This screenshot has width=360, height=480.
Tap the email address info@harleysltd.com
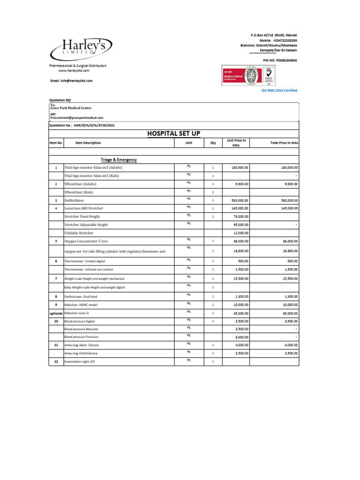[x=71, y=81]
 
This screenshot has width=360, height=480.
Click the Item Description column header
[x=82, y=143]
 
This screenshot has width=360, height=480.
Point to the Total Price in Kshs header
[x=284, y=142]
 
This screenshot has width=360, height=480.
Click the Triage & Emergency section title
[x=119, y=160]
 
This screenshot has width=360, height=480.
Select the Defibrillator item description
[x=75, y=200]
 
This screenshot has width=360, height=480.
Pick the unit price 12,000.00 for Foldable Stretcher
[x=240, y=233]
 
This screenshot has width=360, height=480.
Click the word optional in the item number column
[x=56, y=313]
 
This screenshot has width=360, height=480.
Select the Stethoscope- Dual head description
[x=84, y=297]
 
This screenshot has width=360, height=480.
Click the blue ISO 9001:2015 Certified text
[x=279, y=90]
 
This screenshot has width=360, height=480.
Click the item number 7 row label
[x=56, y=278]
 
